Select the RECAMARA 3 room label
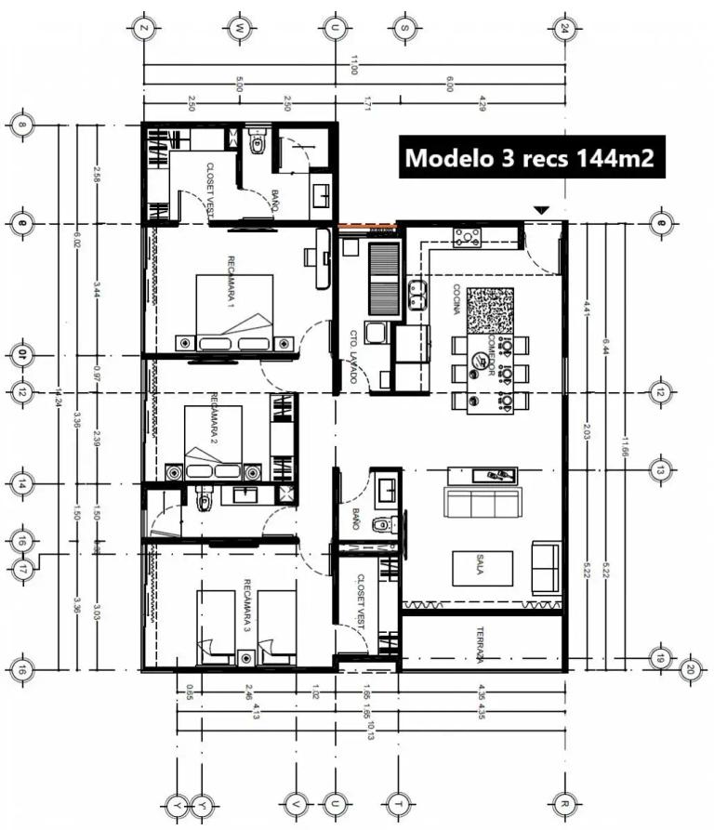coord(247,605)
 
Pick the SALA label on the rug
coord(481,568)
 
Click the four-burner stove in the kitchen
coord(467,237)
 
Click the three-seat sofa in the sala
coord(483,504)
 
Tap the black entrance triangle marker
coord(541,211)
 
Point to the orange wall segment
coord(366,225)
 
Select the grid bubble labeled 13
coord(660,471)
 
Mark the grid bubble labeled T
coord(399,803)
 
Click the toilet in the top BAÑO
coord(259,145)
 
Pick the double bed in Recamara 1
coord(235,313)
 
